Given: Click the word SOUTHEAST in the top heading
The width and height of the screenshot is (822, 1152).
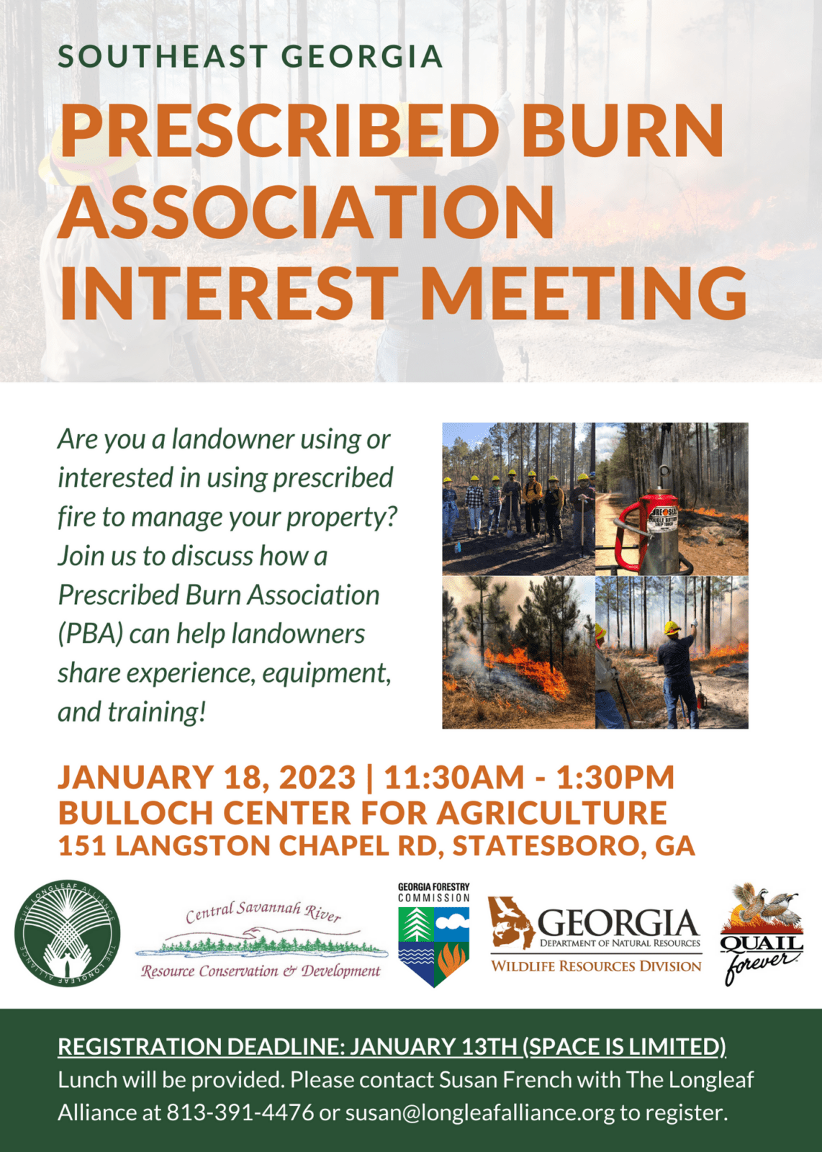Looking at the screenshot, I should (163, 57).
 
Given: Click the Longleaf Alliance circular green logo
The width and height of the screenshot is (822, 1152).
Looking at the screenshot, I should (68, 934).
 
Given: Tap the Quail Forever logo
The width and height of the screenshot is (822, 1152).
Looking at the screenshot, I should (762, 934).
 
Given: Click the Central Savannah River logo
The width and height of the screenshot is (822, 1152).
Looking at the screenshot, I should (261, 940).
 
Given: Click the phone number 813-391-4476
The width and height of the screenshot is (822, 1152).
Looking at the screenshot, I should (240, 1112).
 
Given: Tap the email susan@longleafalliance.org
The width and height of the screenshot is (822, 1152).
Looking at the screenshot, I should (480, 1112).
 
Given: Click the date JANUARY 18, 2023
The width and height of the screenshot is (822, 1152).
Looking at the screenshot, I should (207, 778).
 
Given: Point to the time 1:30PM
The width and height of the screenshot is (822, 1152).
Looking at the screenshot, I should (615, 778).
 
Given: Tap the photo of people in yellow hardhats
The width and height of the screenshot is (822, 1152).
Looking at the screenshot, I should (518, 498).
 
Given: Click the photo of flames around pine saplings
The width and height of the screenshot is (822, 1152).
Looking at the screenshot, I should (518, 652).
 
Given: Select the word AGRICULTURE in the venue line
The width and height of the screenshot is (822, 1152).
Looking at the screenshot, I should (551, 812).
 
